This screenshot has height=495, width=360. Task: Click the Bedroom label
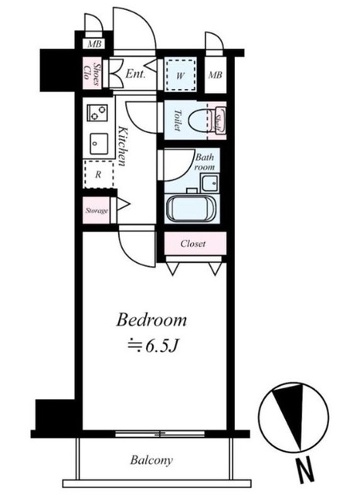coord(152,319)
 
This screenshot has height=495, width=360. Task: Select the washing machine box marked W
coord(180,75)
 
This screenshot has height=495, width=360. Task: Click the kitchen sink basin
coord(99,142)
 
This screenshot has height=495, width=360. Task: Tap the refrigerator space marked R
coord(97,175)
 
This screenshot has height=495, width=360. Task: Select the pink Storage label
coord(97,210)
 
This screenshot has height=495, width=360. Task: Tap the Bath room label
coord(203,161)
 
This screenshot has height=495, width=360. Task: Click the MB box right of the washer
coord(216,75)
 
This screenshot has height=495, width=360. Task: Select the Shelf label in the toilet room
coord(220,121)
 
